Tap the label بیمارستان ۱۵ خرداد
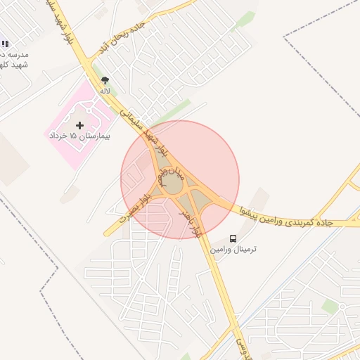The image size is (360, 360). pyautogui.click(x=79, y=134)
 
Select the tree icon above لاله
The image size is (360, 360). pyautogui.click(x=105, y=81)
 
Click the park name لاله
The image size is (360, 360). pyautogui.click(x=105, y=91)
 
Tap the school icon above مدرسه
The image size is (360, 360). pyautogui.click(x=6, y=44)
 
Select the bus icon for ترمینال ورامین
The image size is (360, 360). pyautogui.click(x=233, y=239)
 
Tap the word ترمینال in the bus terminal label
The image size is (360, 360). pyautogui.click(x=244, y=251)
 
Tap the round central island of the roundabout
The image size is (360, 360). pyautogui.click(x=172, y=185)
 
